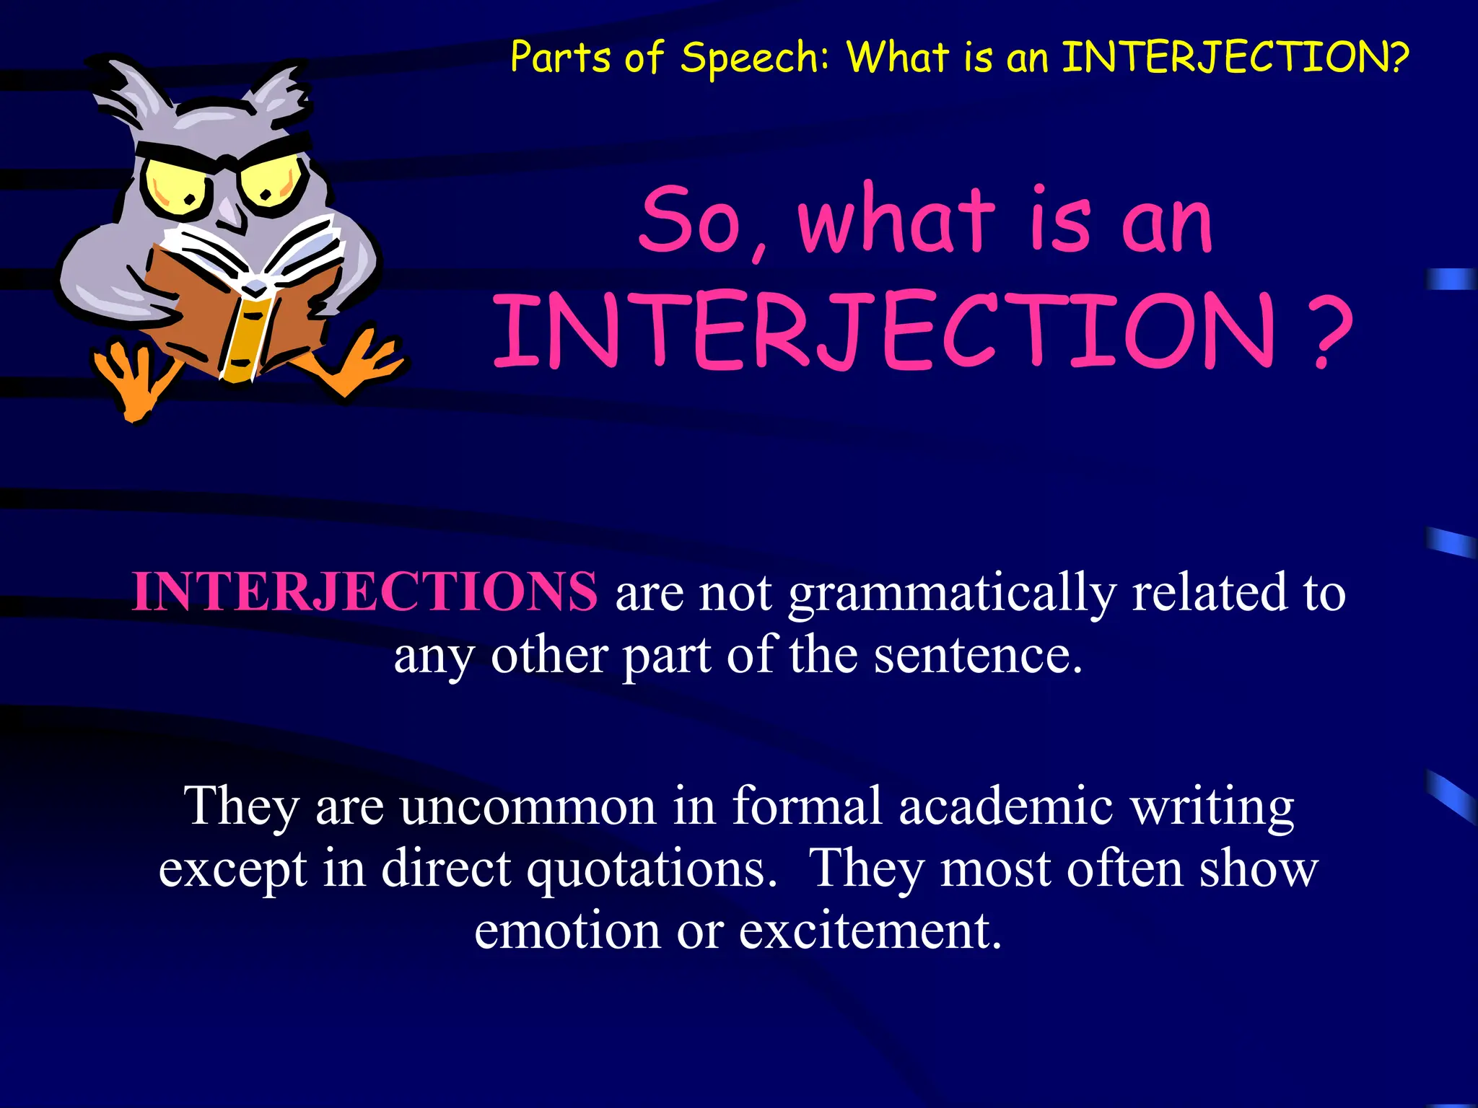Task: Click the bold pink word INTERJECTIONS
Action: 364,592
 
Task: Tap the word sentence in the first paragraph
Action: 978,655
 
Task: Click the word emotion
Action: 567,931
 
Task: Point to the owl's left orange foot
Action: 134,379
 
